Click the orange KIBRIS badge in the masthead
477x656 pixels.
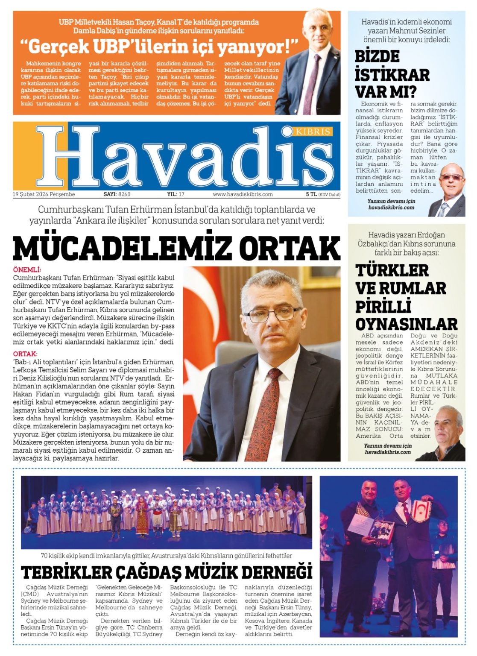pyautogui.click(x=313, y=131)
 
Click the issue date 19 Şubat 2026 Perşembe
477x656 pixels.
pyautogui.click(x=44, y=194)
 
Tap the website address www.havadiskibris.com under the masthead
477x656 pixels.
pyautogui.click(x=243, y=194)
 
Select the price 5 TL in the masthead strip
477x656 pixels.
pyautogui.click(x=311, y=194)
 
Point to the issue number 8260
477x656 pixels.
pyautogui.click(x=124, y=194)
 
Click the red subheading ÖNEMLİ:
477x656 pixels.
pyautogui.click(x=27, y=270)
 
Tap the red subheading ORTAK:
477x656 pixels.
pyautogui.click(x=25, y=354)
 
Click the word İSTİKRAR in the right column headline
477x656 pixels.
pyautogui.click(x=392, y=75)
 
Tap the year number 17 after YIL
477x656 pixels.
pyautogui.click(x=181, y=194)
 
